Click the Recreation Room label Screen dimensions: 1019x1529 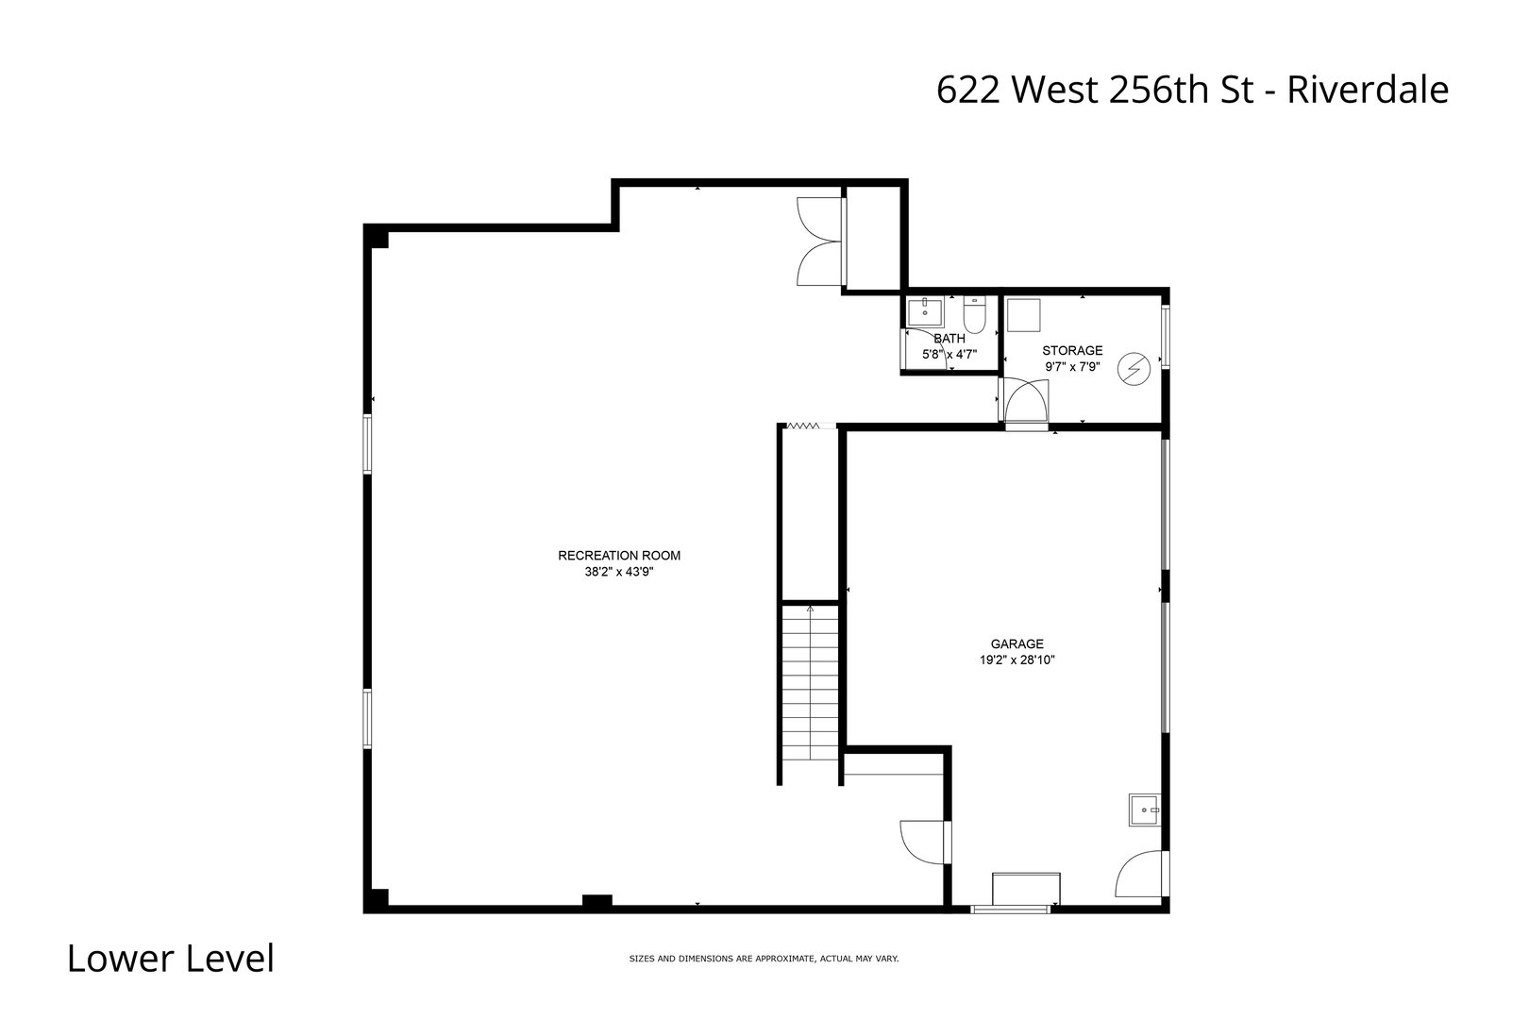click(618, 556)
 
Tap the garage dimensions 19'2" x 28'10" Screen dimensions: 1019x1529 click(1017, 660)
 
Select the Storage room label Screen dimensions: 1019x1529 click(1072, 351)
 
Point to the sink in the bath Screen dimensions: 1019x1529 click(925, 311)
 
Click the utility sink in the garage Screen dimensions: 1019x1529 click(1144, 810)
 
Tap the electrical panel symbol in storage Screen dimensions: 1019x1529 click(1134, 368)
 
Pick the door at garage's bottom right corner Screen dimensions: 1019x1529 click(1140, 875)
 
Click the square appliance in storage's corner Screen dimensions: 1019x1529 click(1022, 315)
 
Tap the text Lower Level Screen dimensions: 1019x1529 click(171, 959)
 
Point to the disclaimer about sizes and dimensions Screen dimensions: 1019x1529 click(764, 959)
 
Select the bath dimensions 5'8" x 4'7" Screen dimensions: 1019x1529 click(949, 355)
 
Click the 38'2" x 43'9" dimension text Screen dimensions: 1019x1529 click(618, 571)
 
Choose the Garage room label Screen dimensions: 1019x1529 click(1017, 644)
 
